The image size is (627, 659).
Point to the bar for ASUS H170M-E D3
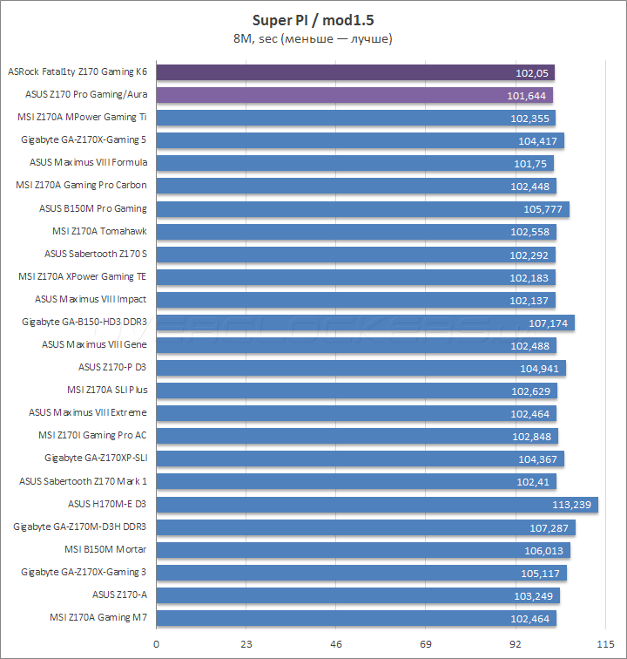[366, 504]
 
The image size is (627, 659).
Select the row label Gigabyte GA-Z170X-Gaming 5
[84, 139]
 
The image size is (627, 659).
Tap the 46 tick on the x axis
[336, 643]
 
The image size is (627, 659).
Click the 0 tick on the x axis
[157, 643]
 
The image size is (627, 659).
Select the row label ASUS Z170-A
[119, 594]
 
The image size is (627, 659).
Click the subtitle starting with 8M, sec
[313, 38]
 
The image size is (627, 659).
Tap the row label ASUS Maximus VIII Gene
[94, 344]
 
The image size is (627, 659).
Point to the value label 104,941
[541, 368]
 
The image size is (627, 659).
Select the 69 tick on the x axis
[425, 643]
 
